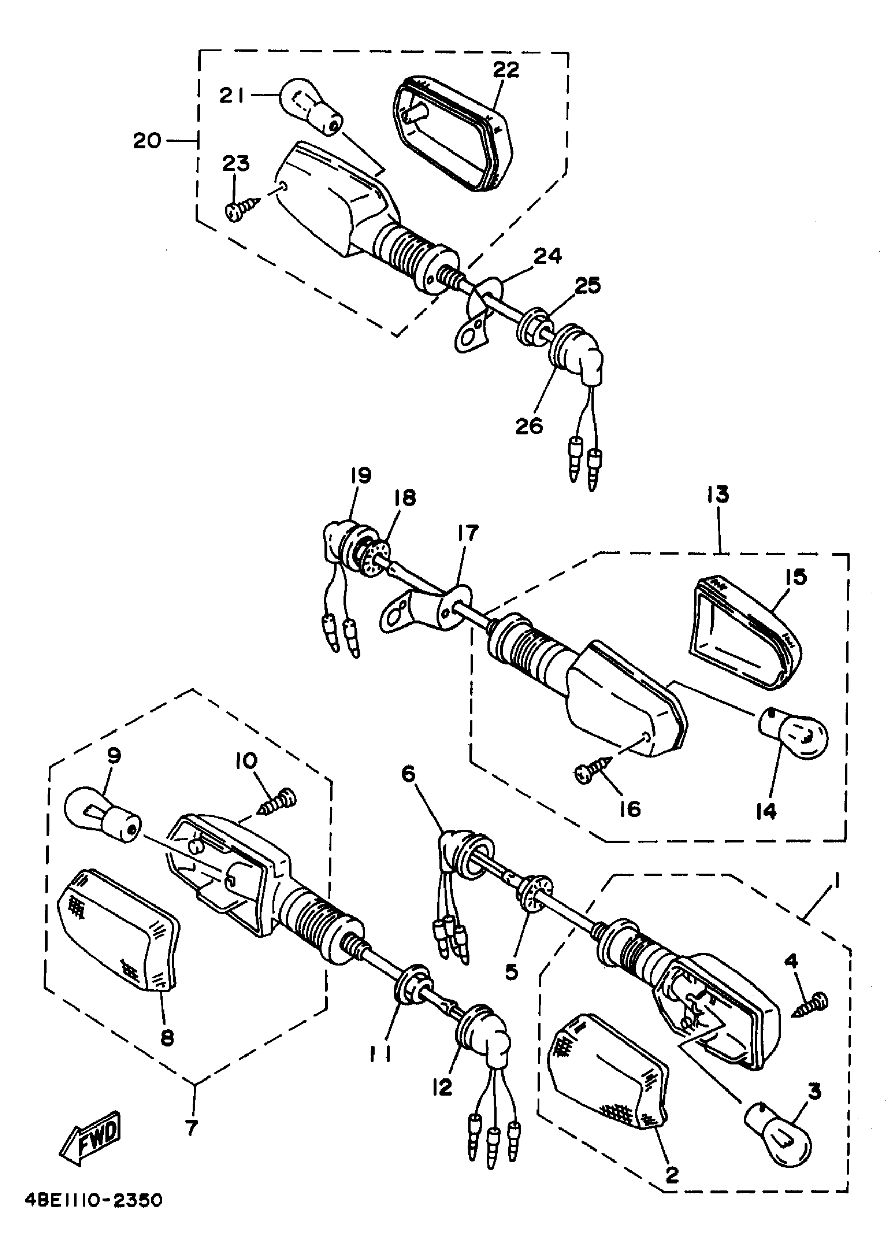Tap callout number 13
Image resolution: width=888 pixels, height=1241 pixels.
pyautogui.click(x=718, y=495)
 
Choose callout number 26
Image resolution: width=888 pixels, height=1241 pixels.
pyautogui.click(x=529, y=425)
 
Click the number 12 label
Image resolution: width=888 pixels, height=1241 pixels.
pyautogui.click(x=442, y=1088)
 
